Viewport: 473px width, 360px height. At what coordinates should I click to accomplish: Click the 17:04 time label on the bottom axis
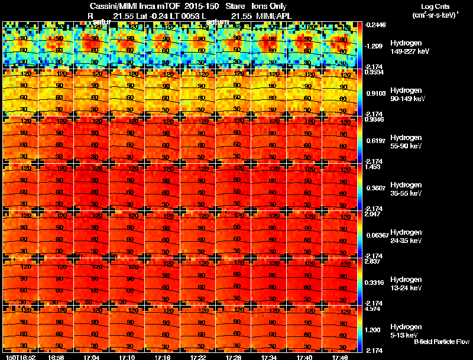[92, 356]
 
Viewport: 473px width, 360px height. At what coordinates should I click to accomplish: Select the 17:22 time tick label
[198, 356]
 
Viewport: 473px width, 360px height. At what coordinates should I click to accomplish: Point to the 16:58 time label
[56, 356]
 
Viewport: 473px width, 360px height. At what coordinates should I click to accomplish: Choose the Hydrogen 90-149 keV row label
[408, 95]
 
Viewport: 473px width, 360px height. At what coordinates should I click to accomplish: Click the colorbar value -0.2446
[376, 25]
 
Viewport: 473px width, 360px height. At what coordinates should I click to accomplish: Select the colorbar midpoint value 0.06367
[376, 235]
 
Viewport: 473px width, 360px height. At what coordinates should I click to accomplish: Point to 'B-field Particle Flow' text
[442, 342]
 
